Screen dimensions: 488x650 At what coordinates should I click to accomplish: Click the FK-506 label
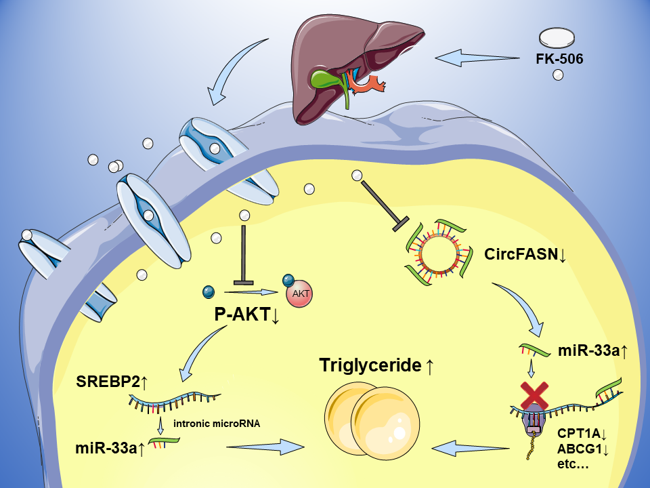coord(559,59)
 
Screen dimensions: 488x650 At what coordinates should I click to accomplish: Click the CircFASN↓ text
coord(525,255)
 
